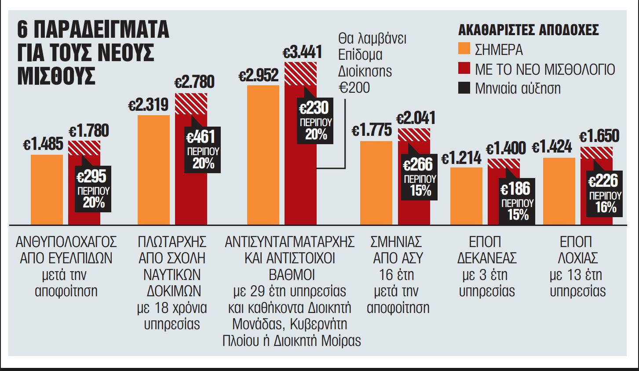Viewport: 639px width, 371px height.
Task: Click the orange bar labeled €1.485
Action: pyautogui.click(x=47, y=189)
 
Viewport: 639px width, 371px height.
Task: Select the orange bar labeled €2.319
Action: pyautogui.click(x=153, y=170)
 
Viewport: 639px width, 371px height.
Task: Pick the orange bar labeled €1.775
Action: pyautogui.click(x=376, y=182)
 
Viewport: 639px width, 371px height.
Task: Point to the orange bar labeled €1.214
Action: pyautogui.click(x=466, y=196)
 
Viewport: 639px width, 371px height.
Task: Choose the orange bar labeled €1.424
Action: pyautogui.click(x=559, y=191)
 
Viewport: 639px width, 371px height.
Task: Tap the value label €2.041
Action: pyautogui.click(x=416, y=118)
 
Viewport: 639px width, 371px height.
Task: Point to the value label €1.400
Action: pyautogui.click(x=506, y=149)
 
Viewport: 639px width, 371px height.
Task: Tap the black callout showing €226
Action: pyautogui.click(x=606, y=193)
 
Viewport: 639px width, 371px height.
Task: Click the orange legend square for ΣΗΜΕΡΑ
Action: pyautogui.click(x=464, y=49)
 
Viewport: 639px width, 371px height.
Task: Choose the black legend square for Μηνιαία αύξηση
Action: pyautogui.click(x=464, y=88)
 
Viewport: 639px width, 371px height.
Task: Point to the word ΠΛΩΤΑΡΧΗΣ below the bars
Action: pyautogui.click(x=172, y=242)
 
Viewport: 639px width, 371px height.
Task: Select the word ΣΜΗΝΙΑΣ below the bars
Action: pyautogui.click(x=396, y=242)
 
